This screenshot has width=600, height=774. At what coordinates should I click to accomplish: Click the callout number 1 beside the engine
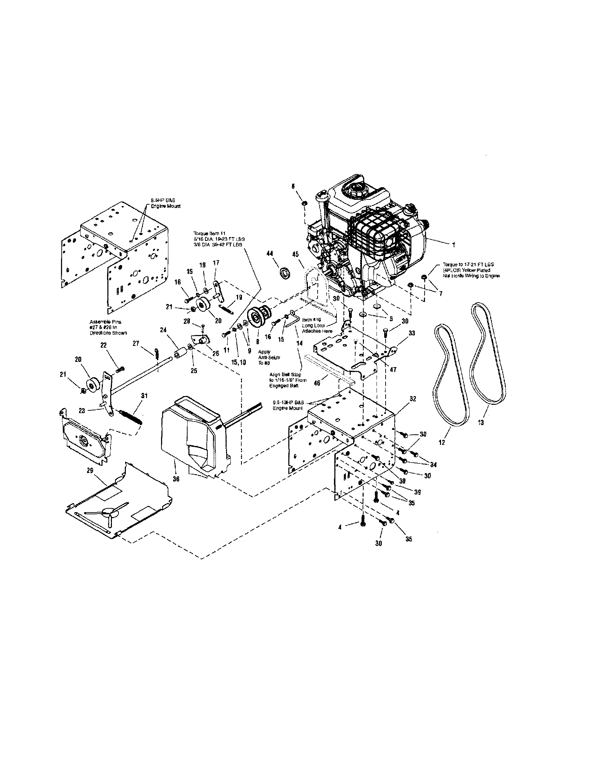pos(454,245)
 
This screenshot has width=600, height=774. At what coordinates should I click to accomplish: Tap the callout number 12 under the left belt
pos(442,443)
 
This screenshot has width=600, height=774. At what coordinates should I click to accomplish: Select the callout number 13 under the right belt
pos(480,423)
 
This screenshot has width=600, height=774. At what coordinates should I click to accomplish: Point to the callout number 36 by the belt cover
pos(176,479)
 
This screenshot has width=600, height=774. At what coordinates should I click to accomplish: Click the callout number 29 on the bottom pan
pos(90,470)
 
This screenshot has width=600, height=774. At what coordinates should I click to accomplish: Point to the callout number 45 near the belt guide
pos(295,255)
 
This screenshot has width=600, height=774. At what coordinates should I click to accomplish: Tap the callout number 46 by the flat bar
pos(317,383)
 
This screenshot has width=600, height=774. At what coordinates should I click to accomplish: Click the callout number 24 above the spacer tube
pos(163,329)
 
